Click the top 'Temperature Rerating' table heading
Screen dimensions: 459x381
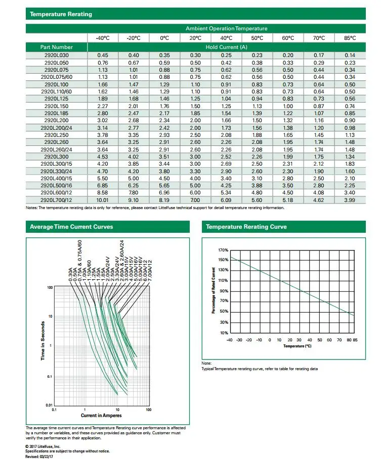coord(61,14)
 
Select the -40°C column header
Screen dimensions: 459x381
coord(103,38)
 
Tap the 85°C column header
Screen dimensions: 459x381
coord(350,38)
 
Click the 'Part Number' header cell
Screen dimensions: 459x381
coord(56,47)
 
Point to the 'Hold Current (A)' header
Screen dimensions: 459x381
coord(226,47)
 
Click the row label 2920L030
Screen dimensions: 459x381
coord(57,55)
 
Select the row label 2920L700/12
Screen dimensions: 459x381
coord(57,200)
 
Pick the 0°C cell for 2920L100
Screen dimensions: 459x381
coord(164,84)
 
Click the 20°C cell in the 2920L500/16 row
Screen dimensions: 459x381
coord(195,186)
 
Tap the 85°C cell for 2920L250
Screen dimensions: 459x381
coord(350,135)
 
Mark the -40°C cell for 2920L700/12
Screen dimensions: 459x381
coord(103,200)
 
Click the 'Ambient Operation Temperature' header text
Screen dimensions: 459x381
coord(226,28)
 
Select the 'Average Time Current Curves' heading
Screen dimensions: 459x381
coord(71,227)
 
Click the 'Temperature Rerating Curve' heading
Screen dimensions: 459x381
coord(246,227)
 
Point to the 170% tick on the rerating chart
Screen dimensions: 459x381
coord(223,250)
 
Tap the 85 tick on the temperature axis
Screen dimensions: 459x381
coord(355,340)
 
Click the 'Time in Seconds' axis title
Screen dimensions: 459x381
coord(43,341)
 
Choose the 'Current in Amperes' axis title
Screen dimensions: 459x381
coord(101,416)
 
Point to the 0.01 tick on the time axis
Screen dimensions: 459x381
coord(49,405)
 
